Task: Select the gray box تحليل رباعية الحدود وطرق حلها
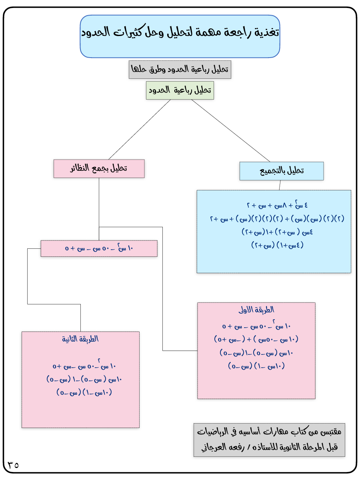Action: coord(180,70)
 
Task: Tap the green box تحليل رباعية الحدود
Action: coord(180,90)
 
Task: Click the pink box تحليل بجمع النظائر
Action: coord(99,168)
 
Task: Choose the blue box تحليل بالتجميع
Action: coord(282,171)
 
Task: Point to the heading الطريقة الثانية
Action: coord(80,339)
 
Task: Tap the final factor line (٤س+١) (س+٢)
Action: coord(278,245)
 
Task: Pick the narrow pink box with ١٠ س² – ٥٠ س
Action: coord(99,248)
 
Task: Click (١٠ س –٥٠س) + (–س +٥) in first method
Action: coord(256,340)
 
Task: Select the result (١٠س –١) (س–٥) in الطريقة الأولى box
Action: coord(256,366)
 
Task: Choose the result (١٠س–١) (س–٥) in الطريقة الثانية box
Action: coord(84,392)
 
